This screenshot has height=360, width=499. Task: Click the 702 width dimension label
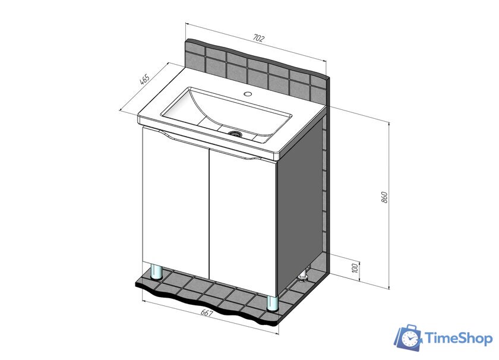click(258, 38)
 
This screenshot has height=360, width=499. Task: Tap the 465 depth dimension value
click(145, 80)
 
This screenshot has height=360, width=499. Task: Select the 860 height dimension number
click(384, 197)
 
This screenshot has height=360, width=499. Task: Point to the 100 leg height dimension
click(355, 268)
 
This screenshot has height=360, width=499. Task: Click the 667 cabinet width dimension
click(207, 313)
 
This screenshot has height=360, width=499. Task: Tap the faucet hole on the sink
click(248, 94)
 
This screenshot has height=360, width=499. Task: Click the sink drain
click(236, 133)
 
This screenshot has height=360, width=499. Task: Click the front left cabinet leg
click(156, 272)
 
